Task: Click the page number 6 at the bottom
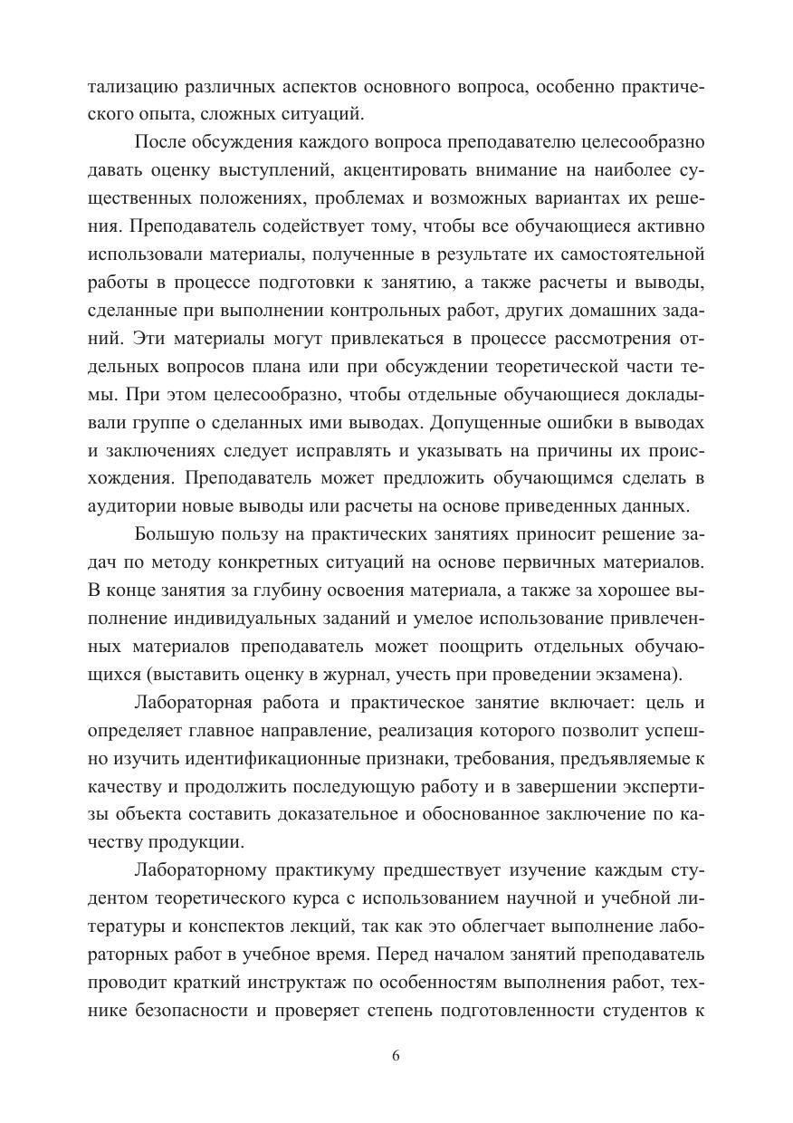tap(396, 1057)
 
